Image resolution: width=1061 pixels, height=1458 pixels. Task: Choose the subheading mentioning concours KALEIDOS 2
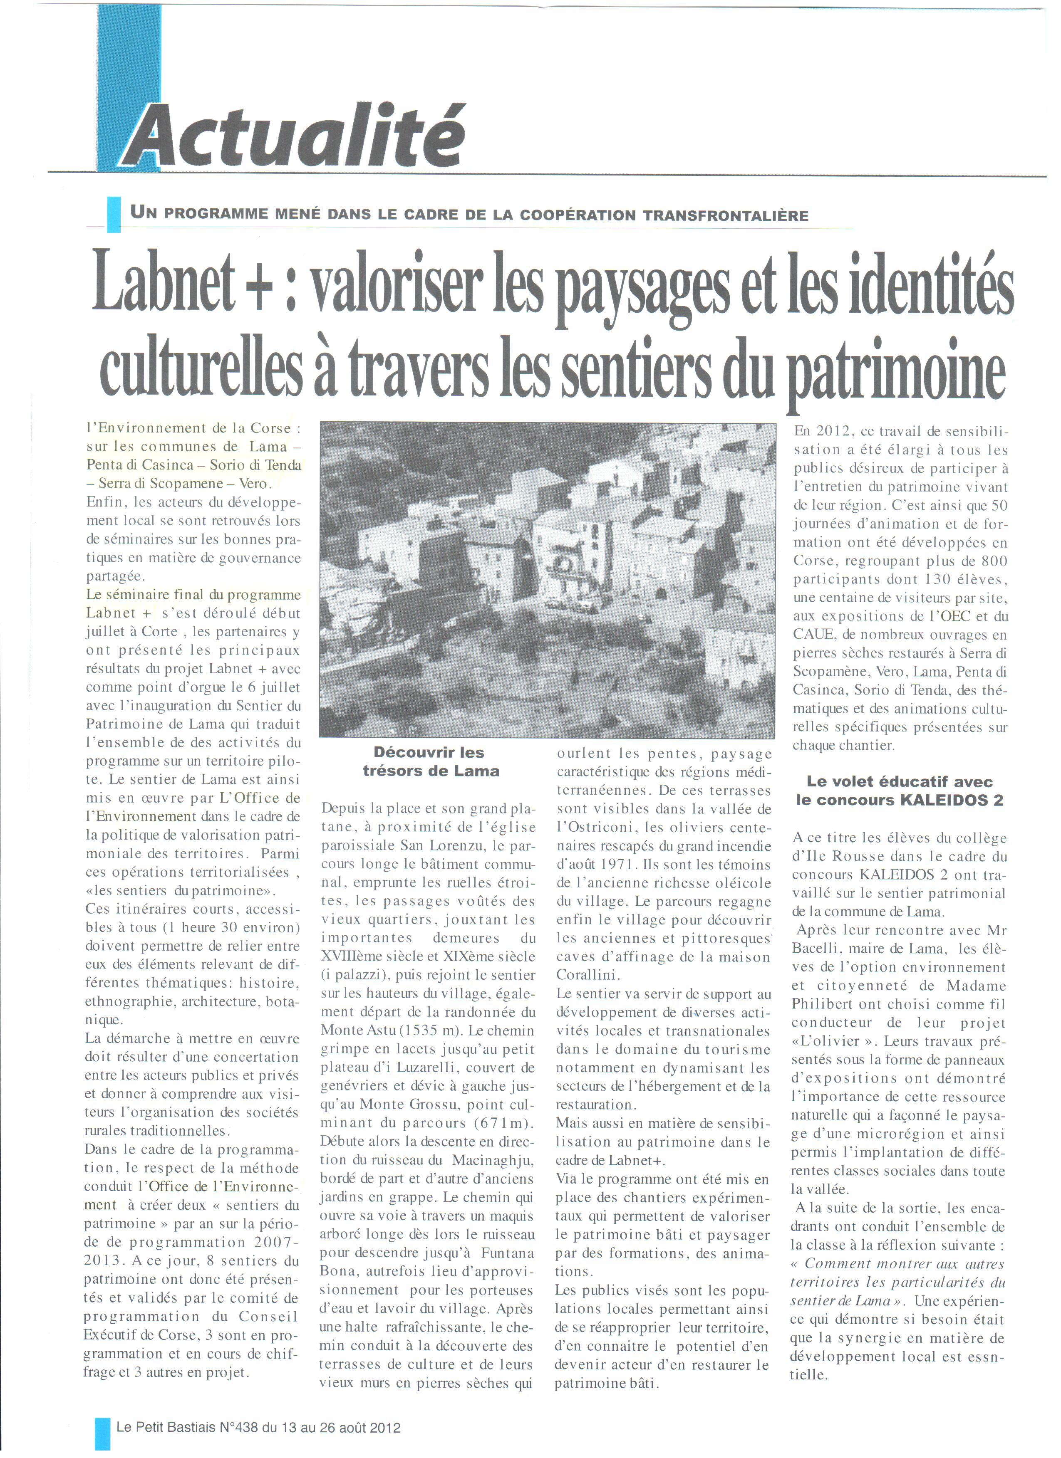coord(899,791)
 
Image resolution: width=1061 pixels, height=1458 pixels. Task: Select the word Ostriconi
coord(602,828)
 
